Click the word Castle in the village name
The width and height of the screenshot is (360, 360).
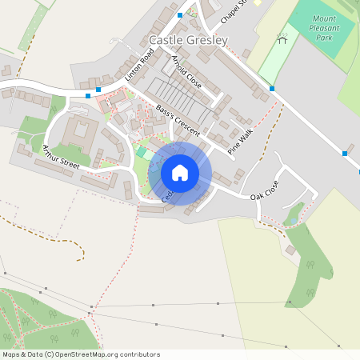(166, 40)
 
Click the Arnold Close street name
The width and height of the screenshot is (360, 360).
(186, 72)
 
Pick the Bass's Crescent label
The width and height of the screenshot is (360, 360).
(178, 120)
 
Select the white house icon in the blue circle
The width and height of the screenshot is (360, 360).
(180, 173)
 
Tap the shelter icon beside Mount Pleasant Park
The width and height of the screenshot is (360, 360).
(282, 38)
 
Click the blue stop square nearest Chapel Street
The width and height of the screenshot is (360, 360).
(180, 14)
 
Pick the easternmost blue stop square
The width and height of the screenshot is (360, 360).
(345, 153)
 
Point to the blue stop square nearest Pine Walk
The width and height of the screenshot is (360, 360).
(273, 88)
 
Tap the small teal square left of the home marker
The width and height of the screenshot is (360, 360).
(142, 151)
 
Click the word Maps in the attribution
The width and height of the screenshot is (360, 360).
(12, 354)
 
